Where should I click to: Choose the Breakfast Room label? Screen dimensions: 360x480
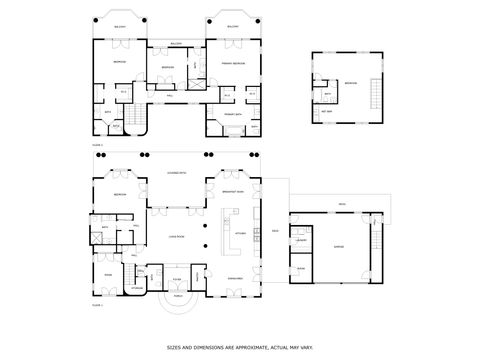pos(236,193)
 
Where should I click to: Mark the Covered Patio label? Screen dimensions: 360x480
pos(176,172)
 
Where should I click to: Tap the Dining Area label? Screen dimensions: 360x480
pos(236,277)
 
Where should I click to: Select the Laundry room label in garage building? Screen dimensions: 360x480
pos(301,241)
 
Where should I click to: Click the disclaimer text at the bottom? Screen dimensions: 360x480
pos(240,347)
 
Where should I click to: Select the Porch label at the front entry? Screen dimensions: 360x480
pos(178,297)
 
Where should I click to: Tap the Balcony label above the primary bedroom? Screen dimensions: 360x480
pos(233,27)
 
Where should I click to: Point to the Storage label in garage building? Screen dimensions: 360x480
pos(300,268)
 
